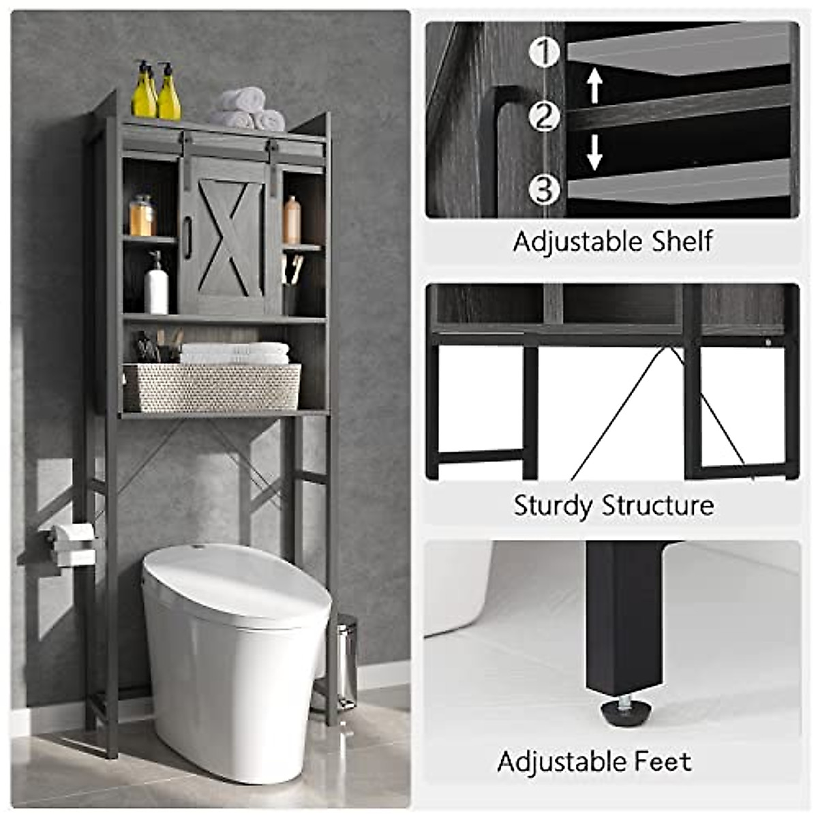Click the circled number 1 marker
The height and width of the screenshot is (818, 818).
[544, 52]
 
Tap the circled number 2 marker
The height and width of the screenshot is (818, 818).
[544, 117]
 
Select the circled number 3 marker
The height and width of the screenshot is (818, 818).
[544, 189]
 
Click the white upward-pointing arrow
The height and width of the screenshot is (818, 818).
[594, 86]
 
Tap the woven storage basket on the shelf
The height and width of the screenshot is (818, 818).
[212, 387]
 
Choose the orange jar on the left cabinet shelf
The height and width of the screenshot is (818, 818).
[142, 217]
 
